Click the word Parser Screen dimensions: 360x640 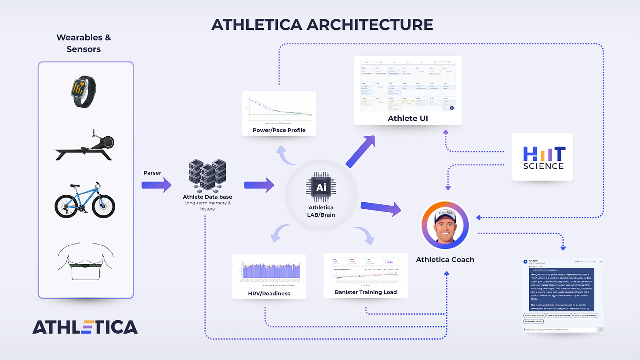(152, 172)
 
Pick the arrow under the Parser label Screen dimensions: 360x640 (156, 185)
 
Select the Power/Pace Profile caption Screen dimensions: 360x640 (279, 130)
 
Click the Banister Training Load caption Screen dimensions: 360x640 (366, 292)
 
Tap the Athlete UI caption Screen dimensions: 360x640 (408, 119)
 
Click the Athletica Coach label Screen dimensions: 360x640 (445, 259)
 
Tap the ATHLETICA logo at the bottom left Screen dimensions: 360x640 (85, 327)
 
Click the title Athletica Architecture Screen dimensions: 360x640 (322, 25)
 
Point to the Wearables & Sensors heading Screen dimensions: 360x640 (84, 43)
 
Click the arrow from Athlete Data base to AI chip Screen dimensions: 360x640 (259, 185)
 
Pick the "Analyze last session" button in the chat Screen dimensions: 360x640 (533, 321)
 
